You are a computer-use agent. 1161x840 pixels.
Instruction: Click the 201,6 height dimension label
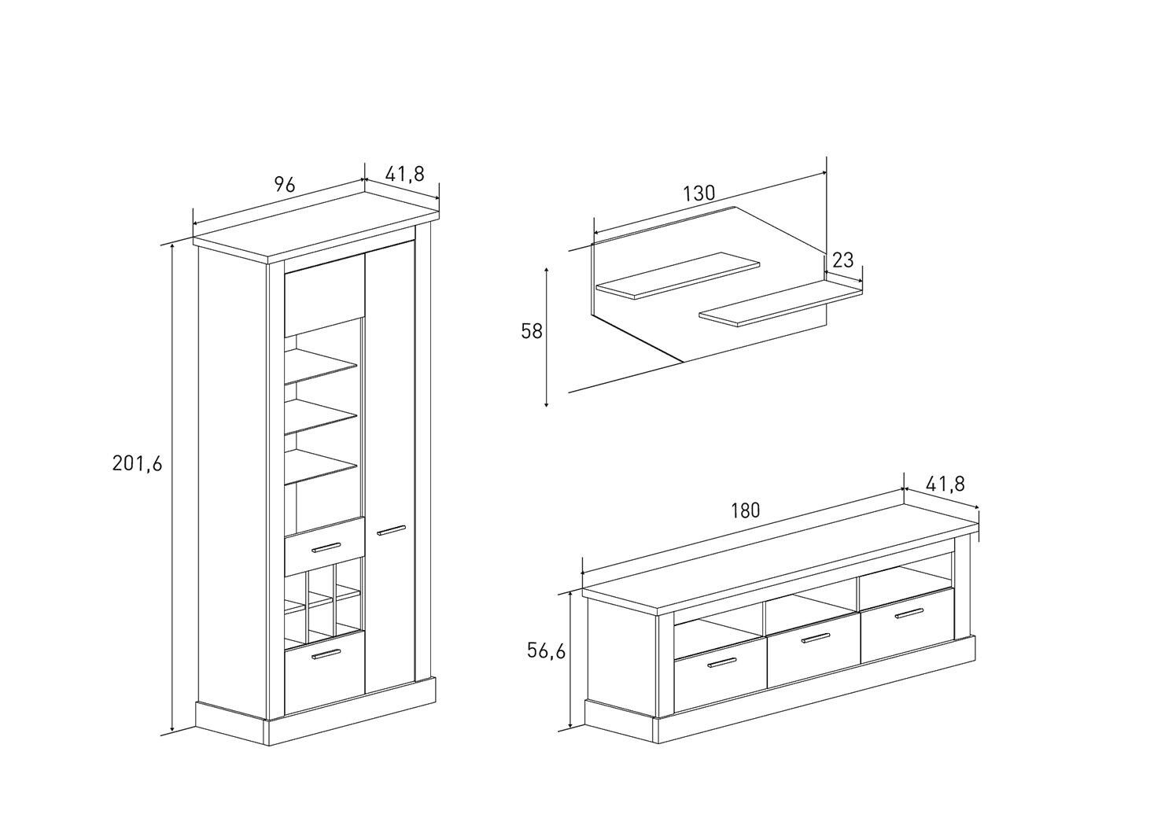138,463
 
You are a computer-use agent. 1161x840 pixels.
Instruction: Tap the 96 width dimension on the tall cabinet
285,184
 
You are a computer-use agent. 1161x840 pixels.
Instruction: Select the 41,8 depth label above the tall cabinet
405,174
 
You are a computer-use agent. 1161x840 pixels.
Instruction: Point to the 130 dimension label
699,193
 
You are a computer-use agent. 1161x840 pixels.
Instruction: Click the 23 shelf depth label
842,260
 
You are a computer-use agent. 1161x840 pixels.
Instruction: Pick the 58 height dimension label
531,331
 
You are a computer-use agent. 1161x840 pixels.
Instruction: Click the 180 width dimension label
746,511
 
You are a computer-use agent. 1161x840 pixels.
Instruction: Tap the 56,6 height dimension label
547,651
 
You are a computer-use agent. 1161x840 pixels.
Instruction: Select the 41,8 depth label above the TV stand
945,484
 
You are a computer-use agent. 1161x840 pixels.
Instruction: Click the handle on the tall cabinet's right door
391,530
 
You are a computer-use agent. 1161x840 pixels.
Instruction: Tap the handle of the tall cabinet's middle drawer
326,547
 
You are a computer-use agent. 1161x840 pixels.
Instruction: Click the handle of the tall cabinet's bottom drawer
326,655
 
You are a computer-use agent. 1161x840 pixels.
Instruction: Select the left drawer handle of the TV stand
722,663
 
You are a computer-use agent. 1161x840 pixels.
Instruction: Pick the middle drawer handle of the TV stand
816,638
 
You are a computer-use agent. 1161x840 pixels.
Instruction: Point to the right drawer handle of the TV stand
909,613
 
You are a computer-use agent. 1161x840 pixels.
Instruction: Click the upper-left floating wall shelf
678,275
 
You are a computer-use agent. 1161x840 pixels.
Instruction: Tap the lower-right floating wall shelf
780,304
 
